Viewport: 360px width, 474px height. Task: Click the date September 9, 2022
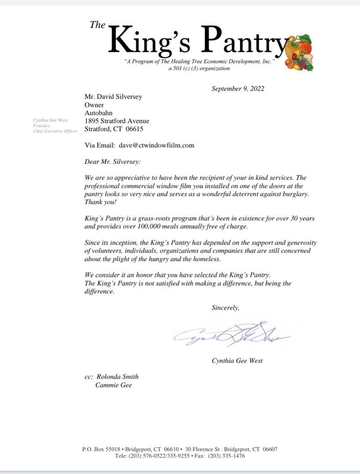pyautogui.click(x=238, y=88)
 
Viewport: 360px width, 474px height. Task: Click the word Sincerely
pyautogui.click(x=225, y=307)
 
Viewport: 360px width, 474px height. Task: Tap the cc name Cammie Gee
pyautogui.click(x=114, y=385)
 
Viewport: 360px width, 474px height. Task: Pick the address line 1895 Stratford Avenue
pyautogui.click(x=117, y=121)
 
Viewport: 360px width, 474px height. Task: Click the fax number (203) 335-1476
pyautogui.click(x=227, y=456)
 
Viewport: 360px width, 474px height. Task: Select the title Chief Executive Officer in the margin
pyautogui.click(x=55, y=131)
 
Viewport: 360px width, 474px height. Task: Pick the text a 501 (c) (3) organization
pyautogui.click(x=199, y=68)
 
